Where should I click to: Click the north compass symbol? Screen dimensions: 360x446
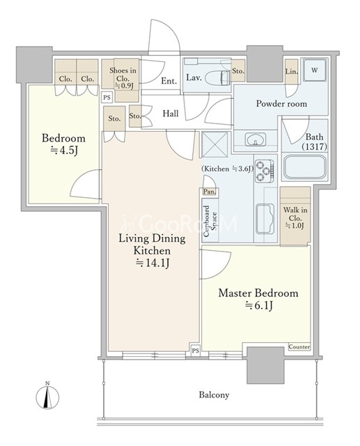(x=47, y=395)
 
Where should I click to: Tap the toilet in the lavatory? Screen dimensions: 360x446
(x=217, y=77)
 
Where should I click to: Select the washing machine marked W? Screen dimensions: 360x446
(x=314, y=70)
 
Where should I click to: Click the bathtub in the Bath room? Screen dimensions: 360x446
(x=304, y=167)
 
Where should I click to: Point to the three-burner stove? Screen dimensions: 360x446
(x=265, y=171)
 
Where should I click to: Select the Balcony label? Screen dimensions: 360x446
(x=214, y=395)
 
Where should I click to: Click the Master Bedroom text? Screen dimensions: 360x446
(x=258, y=293)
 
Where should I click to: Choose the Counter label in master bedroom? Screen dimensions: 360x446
(x=299, y=347)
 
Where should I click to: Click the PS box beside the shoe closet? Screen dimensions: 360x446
(x=107, y=98)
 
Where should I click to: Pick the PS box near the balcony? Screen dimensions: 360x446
(x=196, y=351)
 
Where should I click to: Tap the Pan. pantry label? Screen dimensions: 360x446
(x=210, y=192)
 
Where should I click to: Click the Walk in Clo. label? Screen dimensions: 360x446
(x=295, y=214)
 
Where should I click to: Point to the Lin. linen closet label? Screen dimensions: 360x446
(x=291, y=71)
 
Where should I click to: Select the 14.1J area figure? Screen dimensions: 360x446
(x=153, y=263)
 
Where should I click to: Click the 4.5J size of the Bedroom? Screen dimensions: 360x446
(x=63, y=151)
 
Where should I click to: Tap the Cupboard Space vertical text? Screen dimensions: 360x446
(x=210, y=221)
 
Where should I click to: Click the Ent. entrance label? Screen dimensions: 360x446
(x=169, y=81)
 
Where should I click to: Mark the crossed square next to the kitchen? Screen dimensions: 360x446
(x=214, y=144)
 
